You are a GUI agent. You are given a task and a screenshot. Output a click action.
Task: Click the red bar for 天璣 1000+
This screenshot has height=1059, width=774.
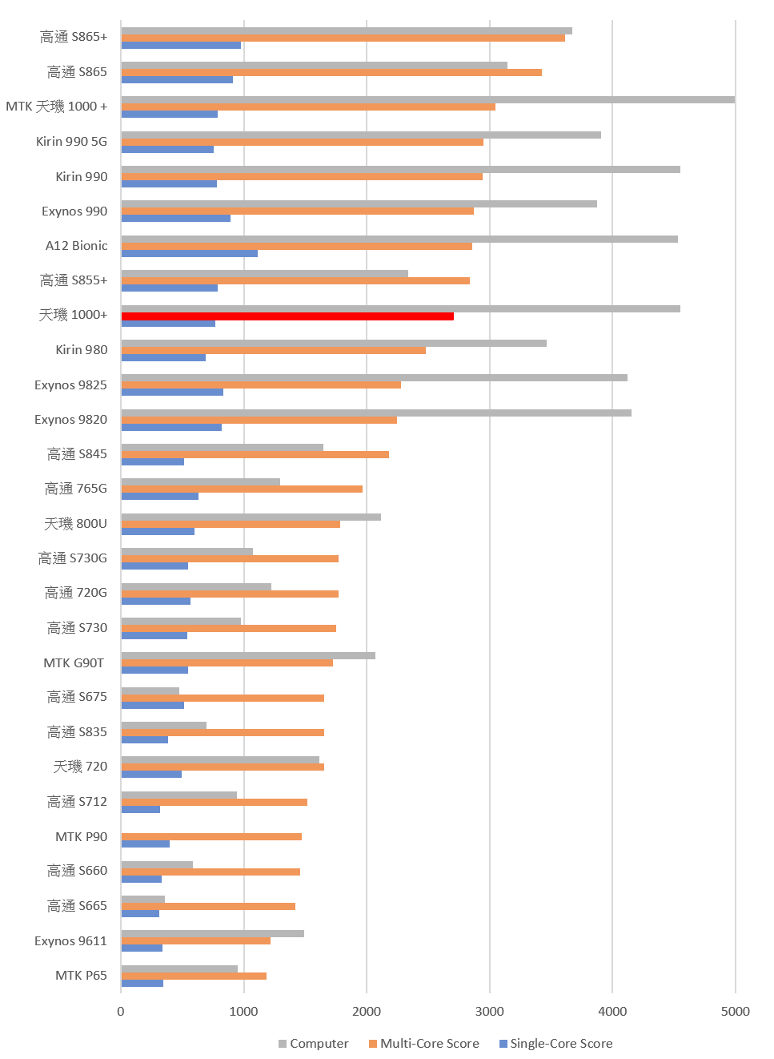coord(287,316)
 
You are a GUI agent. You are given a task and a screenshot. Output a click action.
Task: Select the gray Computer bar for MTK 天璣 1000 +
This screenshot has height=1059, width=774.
coord(428,100)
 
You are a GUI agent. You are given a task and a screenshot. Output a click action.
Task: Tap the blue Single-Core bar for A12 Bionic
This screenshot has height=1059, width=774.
coord(190,253)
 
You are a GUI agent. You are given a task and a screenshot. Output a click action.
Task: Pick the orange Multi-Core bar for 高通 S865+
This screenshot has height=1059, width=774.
coord(343,38)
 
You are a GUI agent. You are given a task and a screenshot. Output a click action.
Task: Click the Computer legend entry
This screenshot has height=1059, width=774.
coord(313,1043)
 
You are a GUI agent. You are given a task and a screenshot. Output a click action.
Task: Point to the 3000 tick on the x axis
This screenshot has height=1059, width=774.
coord(490,1011)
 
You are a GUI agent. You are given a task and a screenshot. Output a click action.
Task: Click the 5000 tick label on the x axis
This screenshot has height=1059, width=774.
coord(735,1011)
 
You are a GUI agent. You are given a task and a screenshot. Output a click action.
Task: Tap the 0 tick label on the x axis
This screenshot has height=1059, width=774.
coord(121,1011)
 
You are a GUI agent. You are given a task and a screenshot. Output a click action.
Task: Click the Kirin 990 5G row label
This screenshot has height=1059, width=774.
coord(71,142)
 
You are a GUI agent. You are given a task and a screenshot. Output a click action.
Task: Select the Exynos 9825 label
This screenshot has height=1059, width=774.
coord(70,385)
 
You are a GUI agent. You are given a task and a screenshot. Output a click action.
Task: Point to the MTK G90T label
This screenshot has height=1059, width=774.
coord(74,662)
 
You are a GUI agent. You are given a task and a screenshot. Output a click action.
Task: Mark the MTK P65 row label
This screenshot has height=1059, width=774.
coord(81,975)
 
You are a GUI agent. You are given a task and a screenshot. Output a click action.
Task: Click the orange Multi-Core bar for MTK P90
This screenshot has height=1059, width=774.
coord(211,836)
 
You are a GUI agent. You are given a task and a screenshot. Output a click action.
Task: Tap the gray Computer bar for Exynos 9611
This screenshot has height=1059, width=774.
coord(213,933)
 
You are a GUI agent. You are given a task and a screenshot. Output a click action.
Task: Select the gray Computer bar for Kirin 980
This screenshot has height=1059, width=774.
coord(334,344)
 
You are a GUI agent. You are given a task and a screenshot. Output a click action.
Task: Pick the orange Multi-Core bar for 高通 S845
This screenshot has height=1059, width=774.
coord(255,454)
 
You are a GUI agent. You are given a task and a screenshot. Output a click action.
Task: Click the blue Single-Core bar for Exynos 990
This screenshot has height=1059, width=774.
coord(176,218)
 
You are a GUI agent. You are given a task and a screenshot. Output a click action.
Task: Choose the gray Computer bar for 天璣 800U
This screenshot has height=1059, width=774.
coord(251,517)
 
